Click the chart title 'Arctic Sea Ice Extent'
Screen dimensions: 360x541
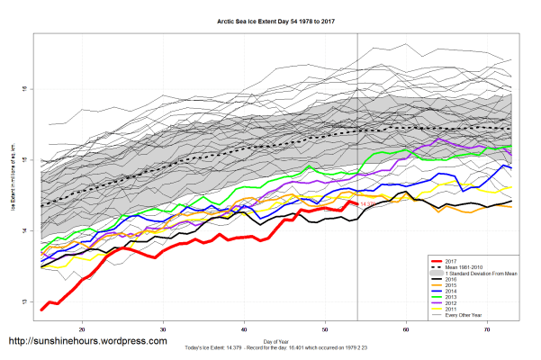pos(270,19)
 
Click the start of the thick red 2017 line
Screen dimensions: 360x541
pos(42,310)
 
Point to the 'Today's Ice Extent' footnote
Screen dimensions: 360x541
pos(271,347)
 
